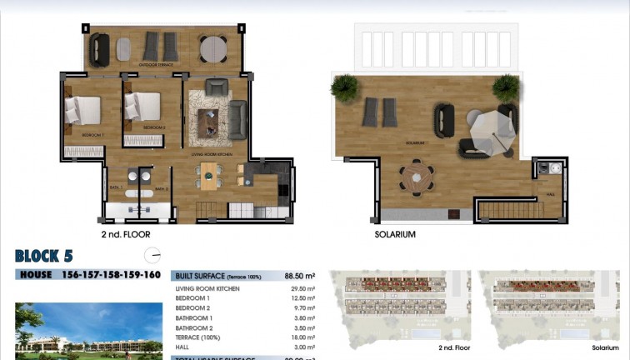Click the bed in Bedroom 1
[x=82, y=110]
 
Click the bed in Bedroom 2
[x=142, y=107]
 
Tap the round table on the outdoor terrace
[x=213, y=47]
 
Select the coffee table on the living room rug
[x=208, y=122]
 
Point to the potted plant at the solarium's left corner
[x=343, y=87]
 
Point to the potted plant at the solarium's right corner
[x=505, y=87]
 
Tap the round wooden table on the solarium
[x=416, y=177]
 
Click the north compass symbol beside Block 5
[x=151, y=256]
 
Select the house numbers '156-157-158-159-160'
[x=111, y=275]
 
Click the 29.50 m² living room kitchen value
[x=303, y=288]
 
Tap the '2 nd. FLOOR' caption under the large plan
[x=127, y=235]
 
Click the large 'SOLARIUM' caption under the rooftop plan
[x=395, y=235]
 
